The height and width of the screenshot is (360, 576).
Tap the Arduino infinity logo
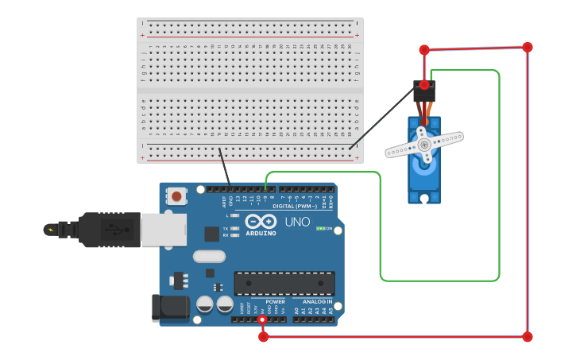tap(261, 222)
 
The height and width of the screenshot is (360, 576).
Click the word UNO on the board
tap(297, 222)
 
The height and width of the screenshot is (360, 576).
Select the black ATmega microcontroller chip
tap(284, 283)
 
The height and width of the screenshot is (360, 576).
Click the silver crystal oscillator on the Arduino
tap(209, 256)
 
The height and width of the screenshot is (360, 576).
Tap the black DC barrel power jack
tap(169, 308)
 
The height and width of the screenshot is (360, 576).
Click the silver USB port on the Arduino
tap(164, 229)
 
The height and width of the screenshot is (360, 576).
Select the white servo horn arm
tap(424, 145)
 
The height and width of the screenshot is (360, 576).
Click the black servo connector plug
tap(424, 92)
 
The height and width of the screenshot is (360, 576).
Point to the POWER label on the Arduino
tap(275, 302)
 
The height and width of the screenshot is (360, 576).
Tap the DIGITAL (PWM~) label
tap(294, 206)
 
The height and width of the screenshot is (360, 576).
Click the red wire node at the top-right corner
tap(528, 47)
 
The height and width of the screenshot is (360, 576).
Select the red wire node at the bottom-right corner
tap(528, 337)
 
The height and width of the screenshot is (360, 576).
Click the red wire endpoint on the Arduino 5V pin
tap(262, 319)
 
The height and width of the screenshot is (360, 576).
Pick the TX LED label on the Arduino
tap(226, 228)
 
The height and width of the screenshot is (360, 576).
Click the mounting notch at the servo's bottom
tap(424, 198)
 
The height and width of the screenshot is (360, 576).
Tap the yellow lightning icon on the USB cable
tap(52, 230)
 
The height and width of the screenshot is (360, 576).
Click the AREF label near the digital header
tap(224, 202)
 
